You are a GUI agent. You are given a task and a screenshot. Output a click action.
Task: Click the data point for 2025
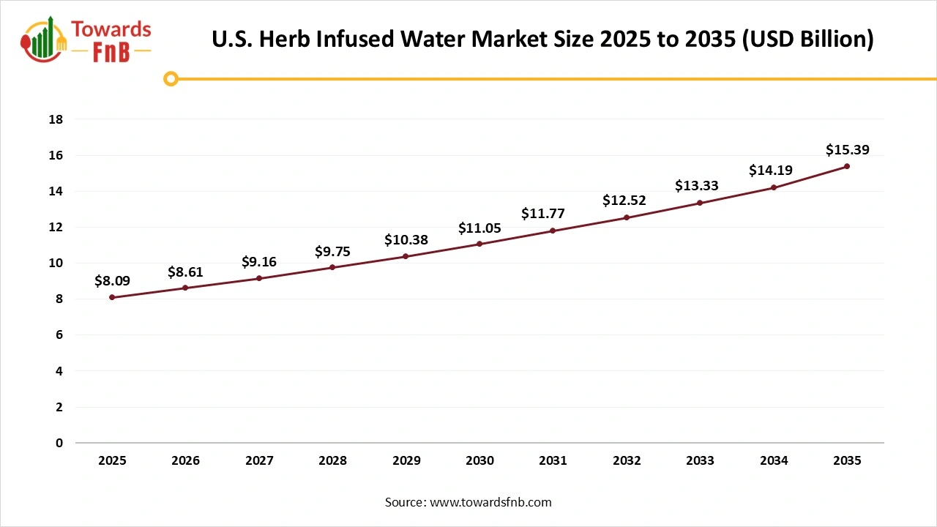112,297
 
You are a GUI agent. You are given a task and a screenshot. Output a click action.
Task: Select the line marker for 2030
479,244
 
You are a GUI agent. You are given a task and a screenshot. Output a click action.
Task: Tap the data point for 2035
847,166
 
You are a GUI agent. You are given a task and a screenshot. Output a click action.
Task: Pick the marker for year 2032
627,217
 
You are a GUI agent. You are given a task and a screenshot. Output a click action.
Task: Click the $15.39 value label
847,150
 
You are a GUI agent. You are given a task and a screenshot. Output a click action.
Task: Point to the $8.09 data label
112,280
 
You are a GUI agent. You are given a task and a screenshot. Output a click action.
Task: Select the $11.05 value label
479,228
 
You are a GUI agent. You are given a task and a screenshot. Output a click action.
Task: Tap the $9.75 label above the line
332,252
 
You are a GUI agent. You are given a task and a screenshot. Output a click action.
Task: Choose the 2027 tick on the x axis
259,461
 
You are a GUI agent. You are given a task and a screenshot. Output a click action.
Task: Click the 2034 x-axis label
774,461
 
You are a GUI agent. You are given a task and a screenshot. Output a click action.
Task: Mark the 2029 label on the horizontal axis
406,461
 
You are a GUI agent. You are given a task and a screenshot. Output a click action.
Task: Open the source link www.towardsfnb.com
490,502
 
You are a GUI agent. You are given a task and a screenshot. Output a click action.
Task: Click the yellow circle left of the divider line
171,78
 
